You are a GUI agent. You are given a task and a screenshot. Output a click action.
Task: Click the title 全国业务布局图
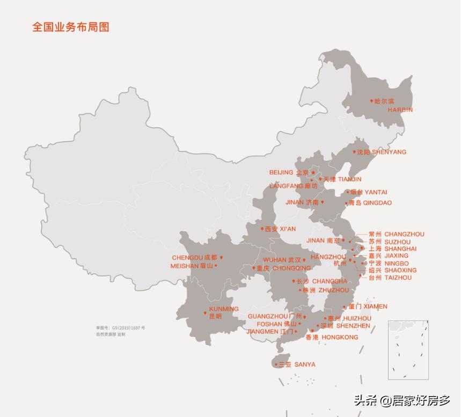point(71,27)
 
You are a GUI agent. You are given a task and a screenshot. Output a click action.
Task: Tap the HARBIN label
point(400,109)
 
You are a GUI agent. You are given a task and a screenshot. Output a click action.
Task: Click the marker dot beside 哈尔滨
point(371,101)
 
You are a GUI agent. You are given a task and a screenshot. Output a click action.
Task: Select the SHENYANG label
point(389,152)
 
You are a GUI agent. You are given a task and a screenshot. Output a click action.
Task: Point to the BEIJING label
point(281,172)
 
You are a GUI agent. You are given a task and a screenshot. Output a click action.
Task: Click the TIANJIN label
point(349,179)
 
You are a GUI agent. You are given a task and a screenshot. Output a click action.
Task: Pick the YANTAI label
point(376,192)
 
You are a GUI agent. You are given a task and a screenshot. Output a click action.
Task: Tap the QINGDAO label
point(377,203)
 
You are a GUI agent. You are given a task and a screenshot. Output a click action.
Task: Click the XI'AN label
point(288,229)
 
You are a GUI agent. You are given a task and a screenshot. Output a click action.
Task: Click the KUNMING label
point(224,309)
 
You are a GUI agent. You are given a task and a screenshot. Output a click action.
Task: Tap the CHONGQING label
point(291,268)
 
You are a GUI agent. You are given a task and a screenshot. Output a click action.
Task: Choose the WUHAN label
point(275,260)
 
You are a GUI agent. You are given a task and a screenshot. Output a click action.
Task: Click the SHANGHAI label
point(400,249)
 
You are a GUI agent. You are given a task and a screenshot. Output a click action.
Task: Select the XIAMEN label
point(375,306)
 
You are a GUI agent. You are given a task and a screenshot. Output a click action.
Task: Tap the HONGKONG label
point(340,337)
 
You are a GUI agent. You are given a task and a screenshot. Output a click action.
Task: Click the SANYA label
point(305,364)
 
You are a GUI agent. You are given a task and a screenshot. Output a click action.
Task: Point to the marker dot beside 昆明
point(205,313)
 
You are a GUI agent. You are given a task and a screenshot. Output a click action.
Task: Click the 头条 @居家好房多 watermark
point(402,400)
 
